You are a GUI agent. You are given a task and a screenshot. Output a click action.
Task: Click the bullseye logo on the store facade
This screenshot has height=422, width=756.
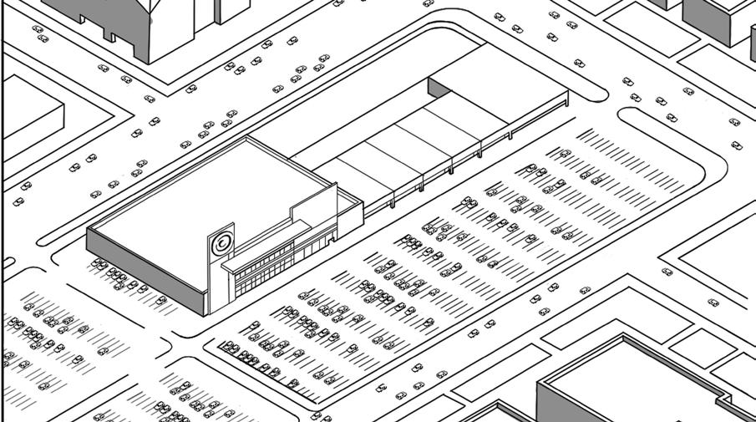[x=221, y=243]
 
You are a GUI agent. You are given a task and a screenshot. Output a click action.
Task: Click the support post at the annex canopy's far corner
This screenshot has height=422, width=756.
[x=568, y=102]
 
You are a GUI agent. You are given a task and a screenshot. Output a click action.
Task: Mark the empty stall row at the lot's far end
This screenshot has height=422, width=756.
[x=635, y=159]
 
